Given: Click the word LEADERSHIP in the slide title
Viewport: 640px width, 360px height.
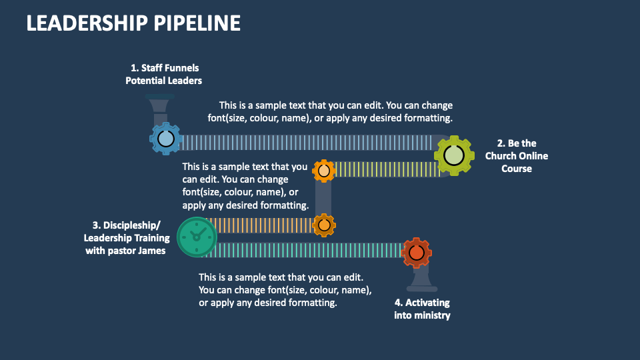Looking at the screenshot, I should click(x=86, y=23).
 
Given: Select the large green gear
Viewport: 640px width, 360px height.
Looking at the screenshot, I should click(x=453, y=155).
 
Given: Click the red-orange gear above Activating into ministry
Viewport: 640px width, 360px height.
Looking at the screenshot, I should click(x=417, y=253).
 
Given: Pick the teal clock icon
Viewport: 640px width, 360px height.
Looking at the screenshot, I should click(x=197, y=237).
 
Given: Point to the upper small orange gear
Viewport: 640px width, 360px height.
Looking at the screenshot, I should click(x=324, y=171).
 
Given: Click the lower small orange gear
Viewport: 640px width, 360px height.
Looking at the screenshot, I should click(x=324, y=226).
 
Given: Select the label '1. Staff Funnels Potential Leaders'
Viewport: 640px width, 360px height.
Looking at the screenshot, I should click(x=164, y=74).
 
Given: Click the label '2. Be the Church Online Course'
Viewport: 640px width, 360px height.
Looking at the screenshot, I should click(x=517, y=156).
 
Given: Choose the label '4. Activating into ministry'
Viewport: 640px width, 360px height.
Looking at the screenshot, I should click(x=421, y=309).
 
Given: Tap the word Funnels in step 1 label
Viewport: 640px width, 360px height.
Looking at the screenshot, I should click(x=183, y=68).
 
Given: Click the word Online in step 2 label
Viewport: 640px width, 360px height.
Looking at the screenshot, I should click(x=533, y=156).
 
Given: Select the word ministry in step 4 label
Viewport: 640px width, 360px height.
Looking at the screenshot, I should click(x=433, y=315).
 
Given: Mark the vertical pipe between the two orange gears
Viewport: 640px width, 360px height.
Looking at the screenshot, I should click(x=323, y=198).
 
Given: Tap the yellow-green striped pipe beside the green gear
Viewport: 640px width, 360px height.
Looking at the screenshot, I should click(x=387, y=170).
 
